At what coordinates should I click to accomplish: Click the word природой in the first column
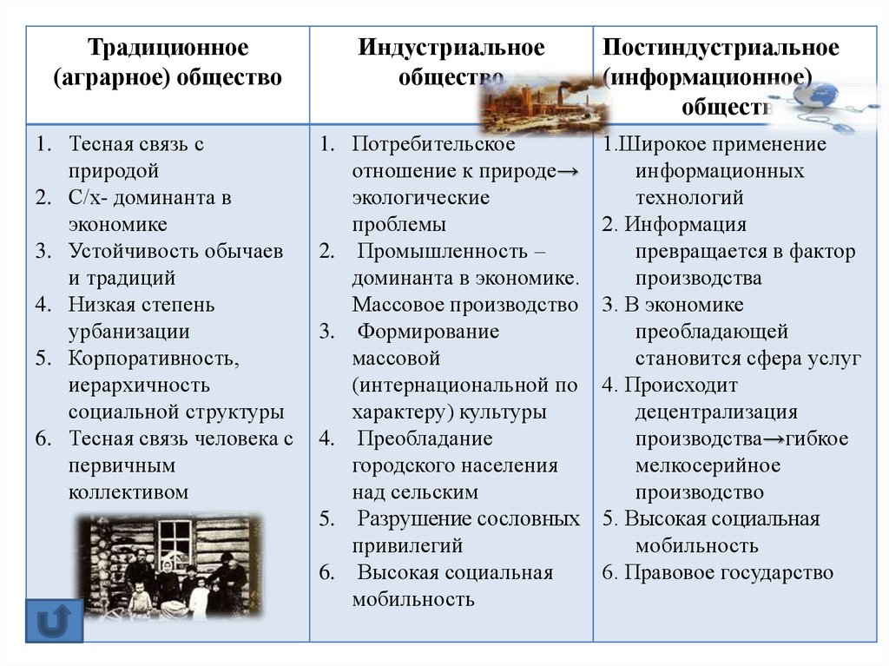point(113,171)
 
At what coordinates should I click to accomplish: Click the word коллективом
point(128,492)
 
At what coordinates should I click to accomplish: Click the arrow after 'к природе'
point(568,171)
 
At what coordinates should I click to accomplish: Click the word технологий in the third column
point(689,198)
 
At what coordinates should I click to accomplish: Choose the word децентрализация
point(715,412)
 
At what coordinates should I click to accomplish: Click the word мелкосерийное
point(708,465)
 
